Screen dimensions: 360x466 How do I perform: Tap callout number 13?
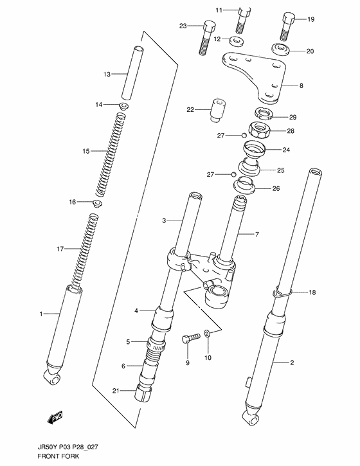tap(107, 75)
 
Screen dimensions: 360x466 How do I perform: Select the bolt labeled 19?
tap(287, 26)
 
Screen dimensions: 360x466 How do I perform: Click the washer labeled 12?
tap(236, 41)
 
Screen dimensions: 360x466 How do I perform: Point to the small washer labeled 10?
tap(207, 333)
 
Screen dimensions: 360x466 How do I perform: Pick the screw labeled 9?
tap(190, 338)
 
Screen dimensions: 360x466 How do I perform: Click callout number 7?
tap(257, 235)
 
